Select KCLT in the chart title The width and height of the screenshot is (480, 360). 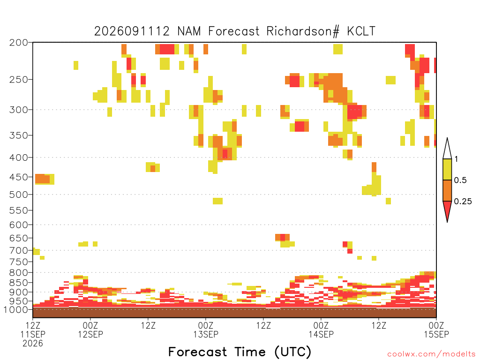[x=361, y=31]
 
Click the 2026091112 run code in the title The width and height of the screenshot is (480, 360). [x=132, y=31]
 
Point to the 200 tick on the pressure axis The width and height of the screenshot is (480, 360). [x=19, y=43]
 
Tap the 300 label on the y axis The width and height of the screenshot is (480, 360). [x=19, y=110]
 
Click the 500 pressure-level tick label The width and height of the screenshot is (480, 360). [x=19, y=195]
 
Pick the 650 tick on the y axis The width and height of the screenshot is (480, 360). [x=19, y=238]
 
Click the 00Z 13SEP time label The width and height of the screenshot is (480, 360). [x=206, y=330]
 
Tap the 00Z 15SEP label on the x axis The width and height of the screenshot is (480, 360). [x=436, y=330]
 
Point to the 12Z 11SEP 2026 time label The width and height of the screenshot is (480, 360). [x=33, y=334]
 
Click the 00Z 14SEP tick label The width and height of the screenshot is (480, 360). [x=321, y=330]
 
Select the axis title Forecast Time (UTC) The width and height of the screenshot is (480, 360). [x=240, y=352]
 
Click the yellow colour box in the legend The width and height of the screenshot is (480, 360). [x=447, y=169]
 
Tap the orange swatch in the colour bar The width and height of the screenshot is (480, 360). [x=447, y=190]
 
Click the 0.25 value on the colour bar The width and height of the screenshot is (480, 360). [x=463, y=201]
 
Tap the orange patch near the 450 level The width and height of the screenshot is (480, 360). [x=43, y=179]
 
